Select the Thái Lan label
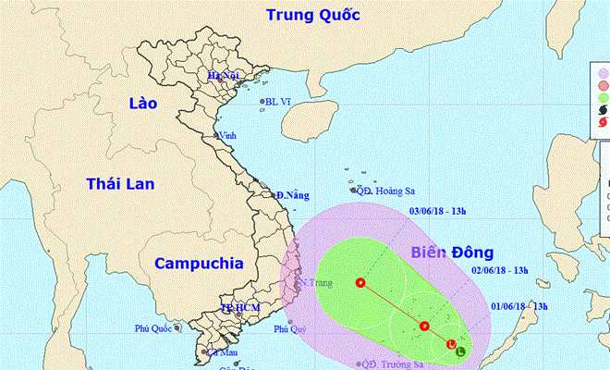click(x=116, y=185)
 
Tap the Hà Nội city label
click(x=224, y=75)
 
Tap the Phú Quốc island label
click(x=154, y=327)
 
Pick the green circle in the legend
click(x=604, y=96)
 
